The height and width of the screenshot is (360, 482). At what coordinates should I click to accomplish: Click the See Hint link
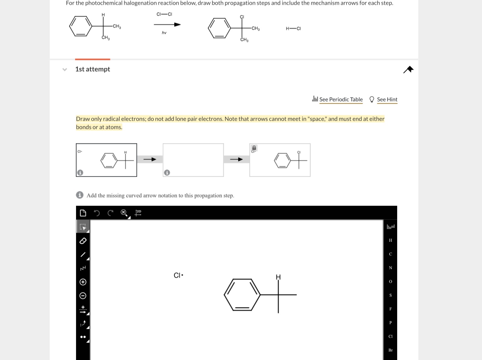tap(387, 99)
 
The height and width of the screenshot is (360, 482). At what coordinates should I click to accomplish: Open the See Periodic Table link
tap(341, 99)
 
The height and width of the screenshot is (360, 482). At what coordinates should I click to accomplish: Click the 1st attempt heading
tap(92, 69)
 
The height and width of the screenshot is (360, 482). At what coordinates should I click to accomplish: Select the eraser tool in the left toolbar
tap(83, 241)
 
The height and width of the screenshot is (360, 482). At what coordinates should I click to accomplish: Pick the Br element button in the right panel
tap(390, 350)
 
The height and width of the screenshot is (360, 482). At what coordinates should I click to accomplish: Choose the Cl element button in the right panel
tap(390, 336)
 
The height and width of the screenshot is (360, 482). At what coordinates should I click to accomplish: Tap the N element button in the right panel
tap(390, 268)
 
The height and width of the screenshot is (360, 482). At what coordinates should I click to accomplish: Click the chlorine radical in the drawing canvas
tap(178, 275)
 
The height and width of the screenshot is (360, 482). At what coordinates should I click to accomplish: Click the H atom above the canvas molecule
tap(278, 277)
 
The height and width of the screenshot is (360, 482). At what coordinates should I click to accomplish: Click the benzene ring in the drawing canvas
tap(242, 295)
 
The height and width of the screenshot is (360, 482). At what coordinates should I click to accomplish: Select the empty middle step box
tap(193, 160)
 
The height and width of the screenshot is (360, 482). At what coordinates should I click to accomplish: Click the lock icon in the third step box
tap(254, 148)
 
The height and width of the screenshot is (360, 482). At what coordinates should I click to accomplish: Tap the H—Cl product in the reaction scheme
tap(293, 28)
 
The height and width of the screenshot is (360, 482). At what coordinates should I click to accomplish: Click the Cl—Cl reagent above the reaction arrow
tap(164, 14)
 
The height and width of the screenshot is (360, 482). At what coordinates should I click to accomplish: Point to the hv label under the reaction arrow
tap(164, 33)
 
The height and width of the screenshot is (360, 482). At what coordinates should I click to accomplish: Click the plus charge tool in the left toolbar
tap(83, 282)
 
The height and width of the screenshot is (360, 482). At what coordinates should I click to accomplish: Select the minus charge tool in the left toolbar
tap(83, 295)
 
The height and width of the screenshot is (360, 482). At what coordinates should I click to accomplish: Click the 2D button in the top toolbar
tap(138, 213)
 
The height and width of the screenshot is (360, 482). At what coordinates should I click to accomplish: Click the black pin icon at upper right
tap(408, 69)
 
